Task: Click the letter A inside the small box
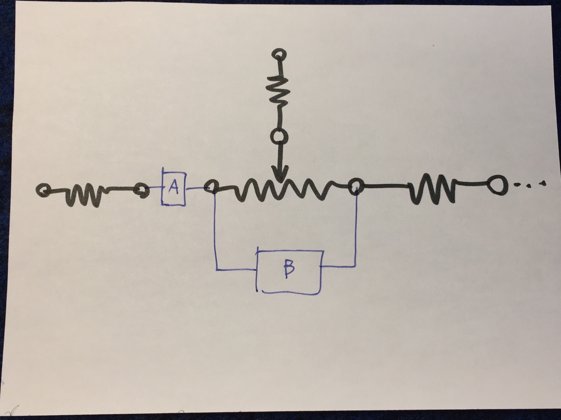[x=173, y=187]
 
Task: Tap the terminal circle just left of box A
[x=140, y=190]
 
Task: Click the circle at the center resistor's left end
[x=211, y=187]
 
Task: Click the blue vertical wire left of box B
[x=215, y=233]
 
